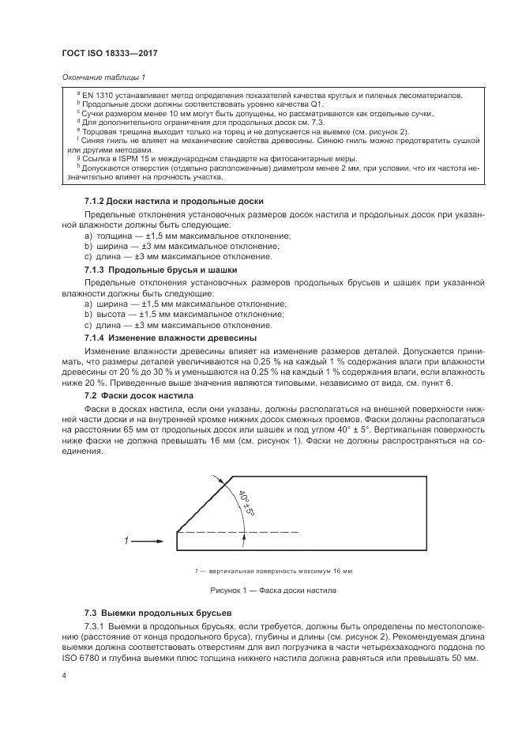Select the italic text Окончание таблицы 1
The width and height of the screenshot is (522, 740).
tap(103, 77)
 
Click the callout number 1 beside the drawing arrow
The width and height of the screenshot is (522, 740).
tap(126, 541)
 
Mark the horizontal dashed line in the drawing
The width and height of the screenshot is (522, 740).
tap(237, 531)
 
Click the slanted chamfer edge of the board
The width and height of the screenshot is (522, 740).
tap(204, 504)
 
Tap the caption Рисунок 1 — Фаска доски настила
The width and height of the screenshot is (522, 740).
tap(273, 590)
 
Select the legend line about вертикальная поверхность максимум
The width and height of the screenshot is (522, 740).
tap(273, 571)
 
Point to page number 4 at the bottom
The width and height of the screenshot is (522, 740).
tap(63, 677)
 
